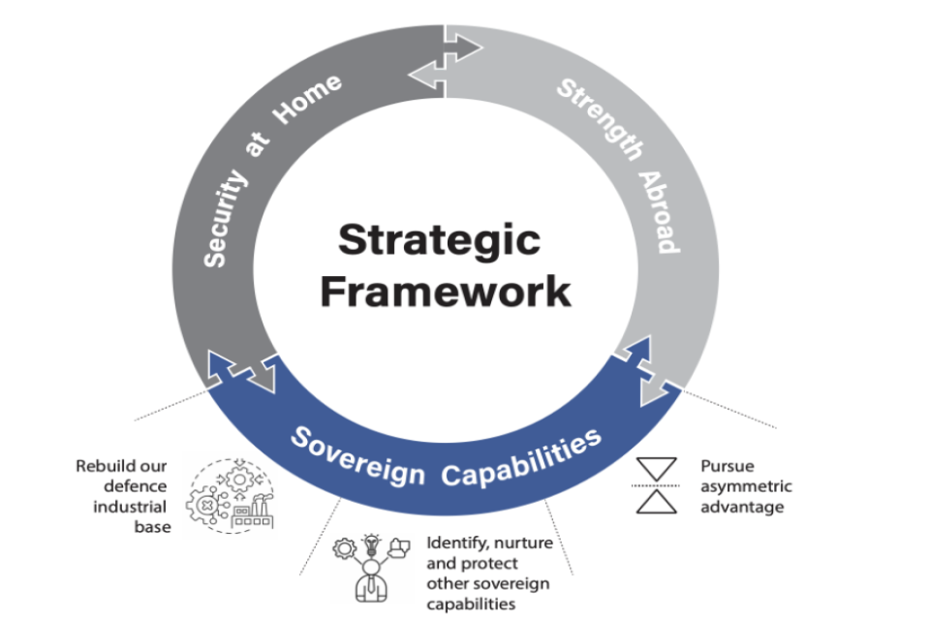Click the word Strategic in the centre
pos(439,239)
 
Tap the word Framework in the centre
pos(446,290)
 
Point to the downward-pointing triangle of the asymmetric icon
pos(657,469)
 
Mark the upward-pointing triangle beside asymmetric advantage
pos(657,500)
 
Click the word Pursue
pos(727,465)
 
